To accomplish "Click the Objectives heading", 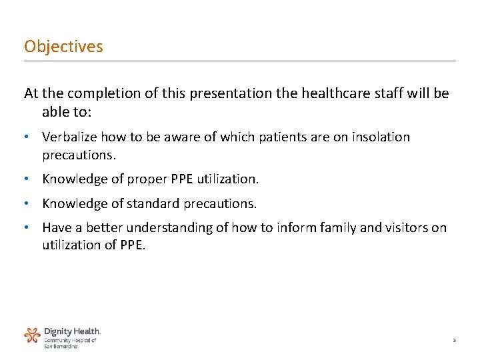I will point(63,47).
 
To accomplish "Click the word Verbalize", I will point(69,137).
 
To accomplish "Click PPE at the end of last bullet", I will point(132,246).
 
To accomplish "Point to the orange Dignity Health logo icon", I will point(32,335).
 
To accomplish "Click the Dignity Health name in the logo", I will point(73,331).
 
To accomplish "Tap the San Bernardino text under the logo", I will point(61,347).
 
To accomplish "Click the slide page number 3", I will point(454,341).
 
